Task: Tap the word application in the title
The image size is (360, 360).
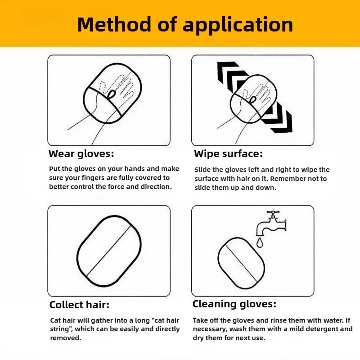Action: tap(238, 25)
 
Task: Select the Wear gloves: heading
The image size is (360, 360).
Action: tap(81, 154)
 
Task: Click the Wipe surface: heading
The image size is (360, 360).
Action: tap(228, 154)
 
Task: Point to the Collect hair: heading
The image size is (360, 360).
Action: tap(79, 305)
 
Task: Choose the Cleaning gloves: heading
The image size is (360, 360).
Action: tap(234, 305)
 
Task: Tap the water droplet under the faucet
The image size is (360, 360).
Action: tap(260, 243)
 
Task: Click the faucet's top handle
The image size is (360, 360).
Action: tap(273, 212)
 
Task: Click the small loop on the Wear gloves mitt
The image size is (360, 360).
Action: tap(112, 94)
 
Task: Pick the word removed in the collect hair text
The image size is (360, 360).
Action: tap(65, 338)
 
